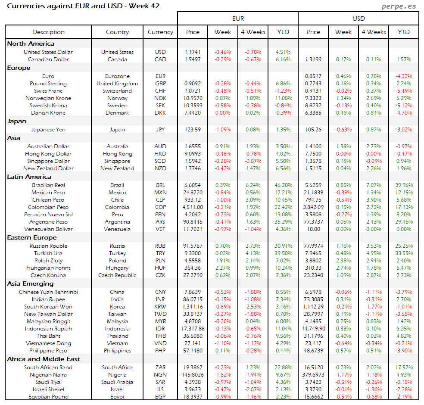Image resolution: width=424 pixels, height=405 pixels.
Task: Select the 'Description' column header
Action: tap(48, 32)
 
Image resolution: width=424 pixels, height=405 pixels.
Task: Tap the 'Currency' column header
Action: tap(160, 32)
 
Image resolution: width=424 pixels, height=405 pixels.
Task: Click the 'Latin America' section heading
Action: tap(29, 177)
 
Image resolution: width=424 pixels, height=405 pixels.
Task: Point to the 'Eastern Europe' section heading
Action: tap(31, 237)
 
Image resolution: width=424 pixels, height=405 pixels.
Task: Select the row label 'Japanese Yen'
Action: tap(48, 129)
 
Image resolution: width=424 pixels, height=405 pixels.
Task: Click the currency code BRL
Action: tap(160, 185)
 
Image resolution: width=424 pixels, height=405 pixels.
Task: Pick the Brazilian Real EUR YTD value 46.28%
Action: tap(283, 185)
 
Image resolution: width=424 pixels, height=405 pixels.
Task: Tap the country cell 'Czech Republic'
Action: tap(117, 275)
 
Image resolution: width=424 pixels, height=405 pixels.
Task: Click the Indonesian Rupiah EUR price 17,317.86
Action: tap(193, 329)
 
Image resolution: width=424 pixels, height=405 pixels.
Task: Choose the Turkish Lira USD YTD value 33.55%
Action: tap(404, 253)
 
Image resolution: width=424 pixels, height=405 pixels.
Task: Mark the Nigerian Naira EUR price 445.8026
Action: tap(193, 375)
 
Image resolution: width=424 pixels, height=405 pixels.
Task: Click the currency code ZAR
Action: tap(160, 368)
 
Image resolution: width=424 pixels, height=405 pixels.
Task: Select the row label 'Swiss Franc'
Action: tap(48, 91)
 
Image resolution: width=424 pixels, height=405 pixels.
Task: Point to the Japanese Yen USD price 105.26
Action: tap(313, 129)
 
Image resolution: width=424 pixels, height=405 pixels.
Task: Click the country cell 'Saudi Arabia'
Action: tap(117, 382)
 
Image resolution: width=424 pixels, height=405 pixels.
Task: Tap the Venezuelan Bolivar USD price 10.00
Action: tap(313, 229)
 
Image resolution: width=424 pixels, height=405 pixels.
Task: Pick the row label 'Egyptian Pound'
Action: tap(48, 397)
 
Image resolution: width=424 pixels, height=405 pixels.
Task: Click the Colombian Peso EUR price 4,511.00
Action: tap(193, 207)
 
